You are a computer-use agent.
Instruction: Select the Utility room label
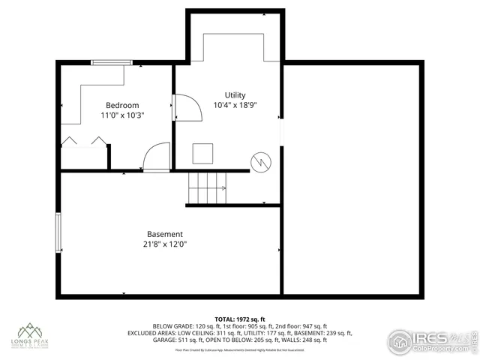(235, 95)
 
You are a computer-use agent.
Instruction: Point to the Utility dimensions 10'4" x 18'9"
(235, 106)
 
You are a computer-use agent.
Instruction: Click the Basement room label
(164, 234)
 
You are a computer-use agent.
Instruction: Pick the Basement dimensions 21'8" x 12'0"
(164, 244)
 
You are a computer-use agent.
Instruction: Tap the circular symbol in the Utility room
(259, 161)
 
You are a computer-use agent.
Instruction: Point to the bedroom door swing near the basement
(156, 158)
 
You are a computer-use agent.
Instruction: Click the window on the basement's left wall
(58, 233)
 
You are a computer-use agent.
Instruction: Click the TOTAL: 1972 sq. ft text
(240, 319)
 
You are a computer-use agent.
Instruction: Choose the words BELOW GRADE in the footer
(172, 326)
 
